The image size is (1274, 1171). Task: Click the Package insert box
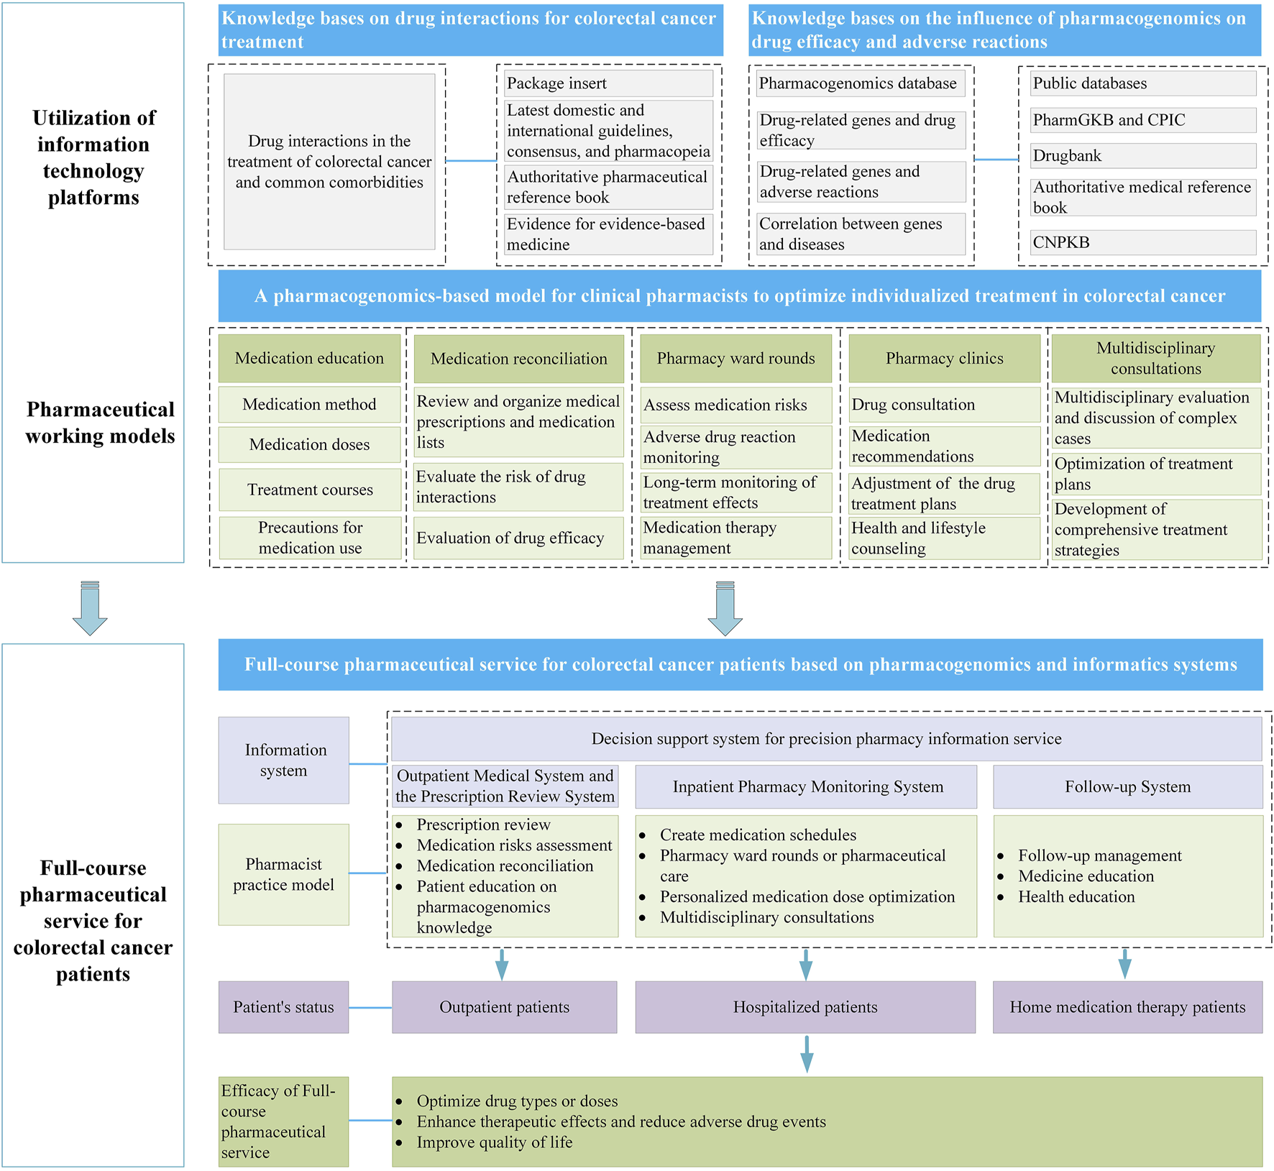608,83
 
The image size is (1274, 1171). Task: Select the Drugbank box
1143,156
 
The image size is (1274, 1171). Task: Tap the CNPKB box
1143,242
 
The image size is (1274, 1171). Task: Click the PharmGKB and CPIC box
1143,120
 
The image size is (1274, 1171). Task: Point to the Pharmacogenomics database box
861,83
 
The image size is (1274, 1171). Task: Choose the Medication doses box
309,445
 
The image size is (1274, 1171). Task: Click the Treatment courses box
310,490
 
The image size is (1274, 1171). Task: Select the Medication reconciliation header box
518,359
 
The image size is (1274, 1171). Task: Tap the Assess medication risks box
735,405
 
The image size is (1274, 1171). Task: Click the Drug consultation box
944,405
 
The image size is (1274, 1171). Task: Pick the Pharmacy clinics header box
944,359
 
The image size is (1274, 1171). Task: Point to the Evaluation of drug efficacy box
518,538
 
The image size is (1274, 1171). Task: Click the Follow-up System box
1127,787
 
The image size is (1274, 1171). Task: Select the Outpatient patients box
504,1007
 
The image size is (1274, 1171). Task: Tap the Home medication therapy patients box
1127,1007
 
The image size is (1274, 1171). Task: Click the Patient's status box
283,1007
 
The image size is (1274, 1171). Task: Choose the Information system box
283,761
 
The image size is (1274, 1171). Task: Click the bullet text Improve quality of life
494,1142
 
